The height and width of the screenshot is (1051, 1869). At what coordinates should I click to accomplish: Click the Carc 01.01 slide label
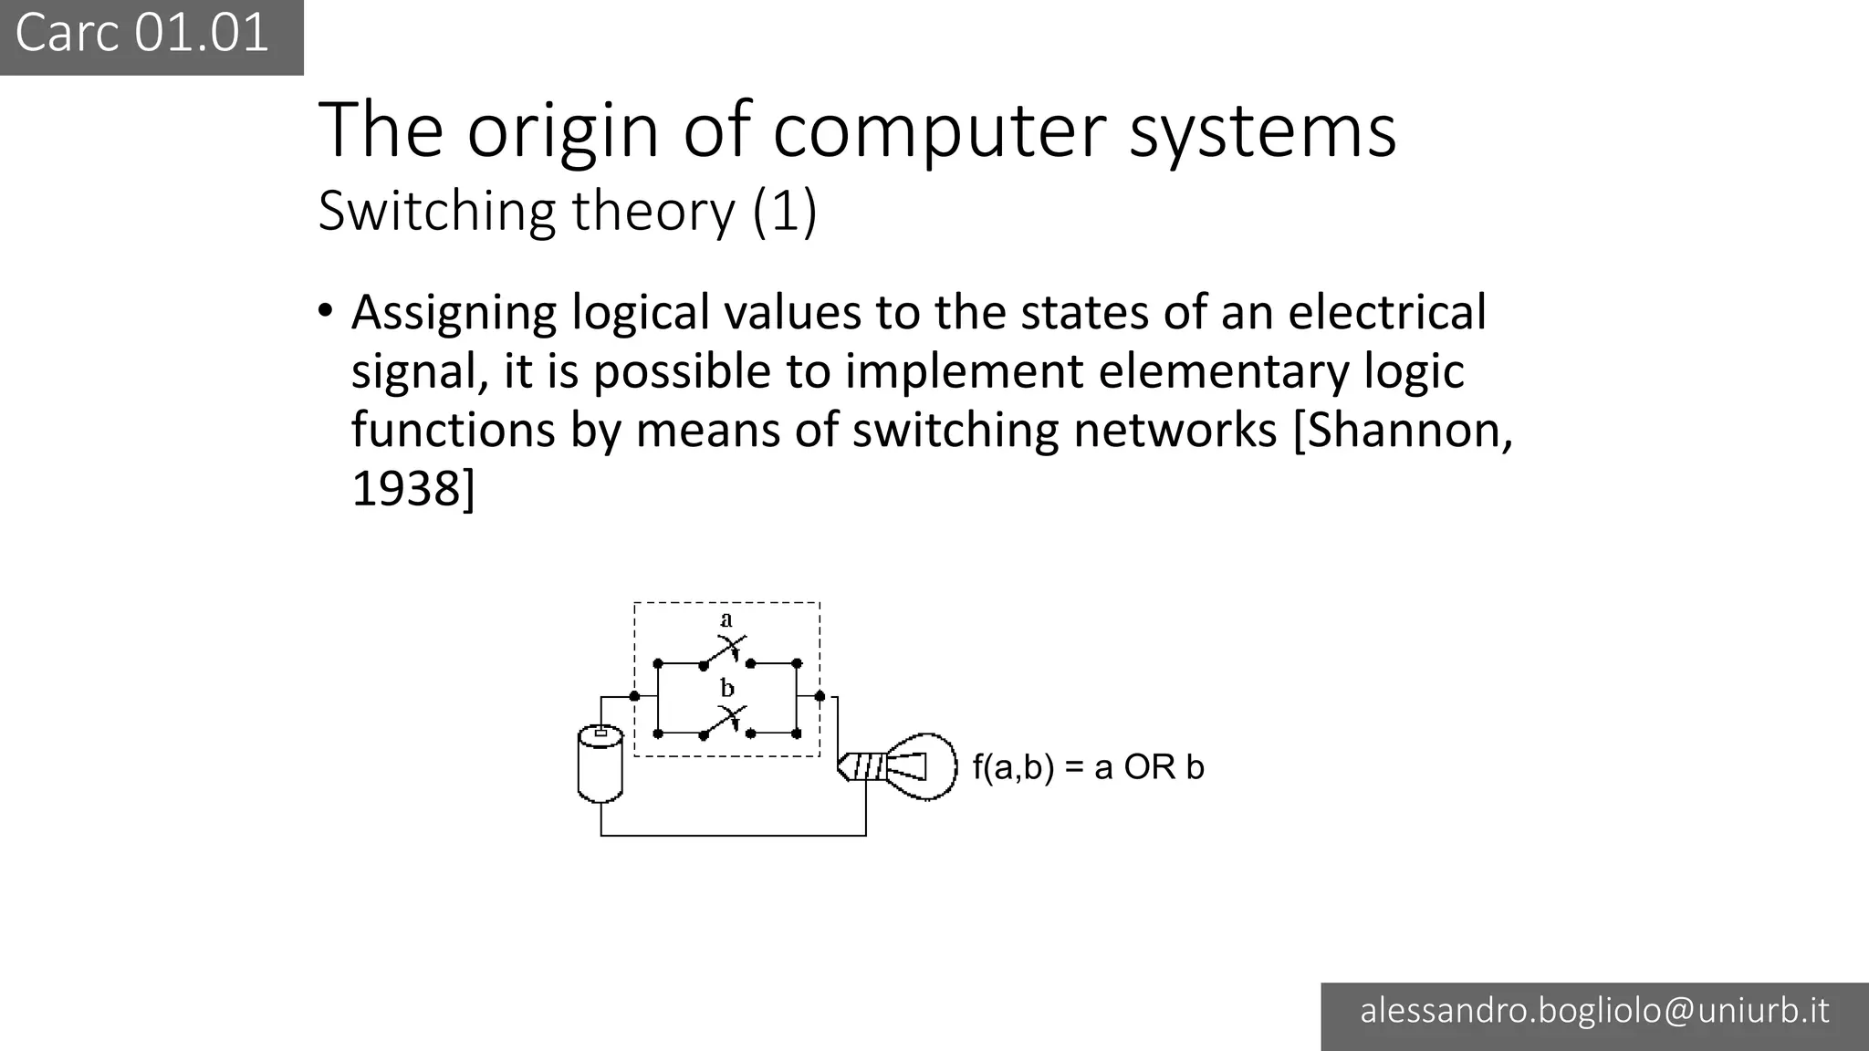click(x=142, y=34)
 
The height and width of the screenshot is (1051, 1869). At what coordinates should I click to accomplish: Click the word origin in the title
click(x=563, y=130)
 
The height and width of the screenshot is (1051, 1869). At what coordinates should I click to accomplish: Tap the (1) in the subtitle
click(x=784, y=212)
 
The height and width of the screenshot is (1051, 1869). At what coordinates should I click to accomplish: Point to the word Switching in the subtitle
click(x=436, y=212)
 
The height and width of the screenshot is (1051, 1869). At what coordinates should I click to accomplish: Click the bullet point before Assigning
click(x=326, y=310)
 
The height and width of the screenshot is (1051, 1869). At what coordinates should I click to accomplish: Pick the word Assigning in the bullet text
click(x=454, y=313)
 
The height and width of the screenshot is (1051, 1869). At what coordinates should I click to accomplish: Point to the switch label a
click(x=726, y=620)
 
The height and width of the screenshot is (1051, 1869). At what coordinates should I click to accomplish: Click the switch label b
click(x=727, y=688)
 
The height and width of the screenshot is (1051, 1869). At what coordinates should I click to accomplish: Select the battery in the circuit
click(x=600, y=765)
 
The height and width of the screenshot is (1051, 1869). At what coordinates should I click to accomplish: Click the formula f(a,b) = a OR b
click(x=1088, y=767)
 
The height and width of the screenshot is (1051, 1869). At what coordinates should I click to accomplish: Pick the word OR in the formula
click(x=1149, y=767)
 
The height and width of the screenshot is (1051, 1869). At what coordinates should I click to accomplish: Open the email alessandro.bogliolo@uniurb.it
click(x=1594, y=1011)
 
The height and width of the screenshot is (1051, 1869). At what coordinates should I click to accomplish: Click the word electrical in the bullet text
click(x=1387, y=313)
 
